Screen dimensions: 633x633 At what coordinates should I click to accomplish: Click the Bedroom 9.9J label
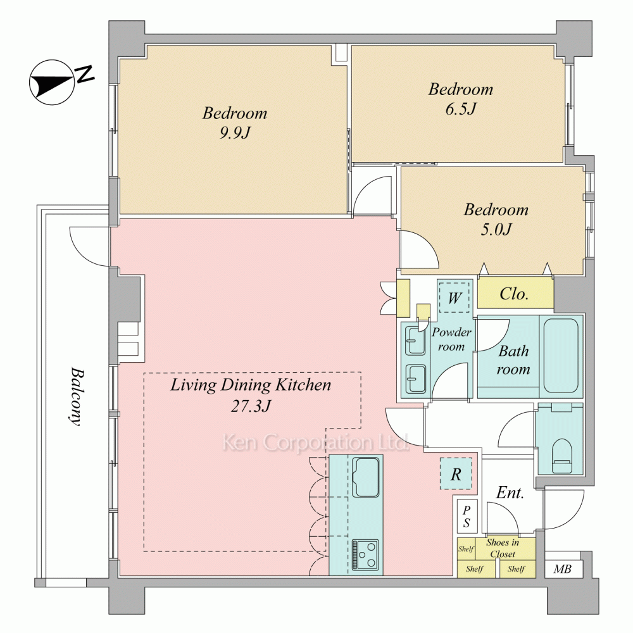click(235, 123)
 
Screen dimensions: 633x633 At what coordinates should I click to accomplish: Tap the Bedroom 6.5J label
click(460, 99)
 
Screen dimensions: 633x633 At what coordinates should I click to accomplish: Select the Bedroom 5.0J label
click(496, 219)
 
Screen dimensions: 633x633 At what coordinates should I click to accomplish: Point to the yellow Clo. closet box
click(515, 294)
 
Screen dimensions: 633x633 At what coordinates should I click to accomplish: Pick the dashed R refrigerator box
click(456, 474)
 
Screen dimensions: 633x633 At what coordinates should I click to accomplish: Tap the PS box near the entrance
click(467, 515)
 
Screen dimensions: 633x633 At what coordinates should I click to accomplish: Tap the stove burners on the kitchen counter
click(365, 555)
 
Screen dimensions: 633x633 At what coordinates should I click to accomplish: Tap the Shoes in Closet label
click(502, 548)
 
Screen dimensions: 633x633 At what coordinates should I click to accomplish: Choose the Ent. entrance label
click(510, 493)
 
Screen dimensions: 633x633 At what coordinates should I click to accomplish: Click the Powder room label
click(451, 339)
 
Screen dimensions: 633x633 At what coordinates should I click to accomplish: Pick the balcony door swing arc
click(89, 247)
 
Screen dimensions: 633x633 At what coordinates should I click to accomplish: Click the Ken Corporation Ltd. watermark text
click(315, 442)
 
